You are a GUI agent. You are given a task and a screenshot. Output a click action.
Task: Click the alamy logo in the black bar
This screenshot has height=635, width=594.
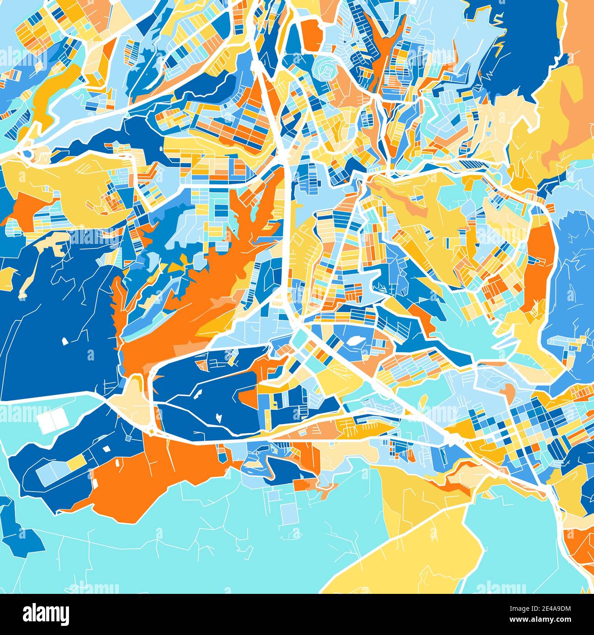(46, 614)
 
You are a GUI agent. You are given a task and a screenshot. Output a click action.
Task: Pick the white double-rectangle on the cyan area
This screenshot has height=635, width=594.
(53, 421)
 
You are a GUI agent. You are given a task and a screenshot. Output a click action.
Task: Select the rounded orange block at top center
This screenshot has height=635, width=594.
(312, 34)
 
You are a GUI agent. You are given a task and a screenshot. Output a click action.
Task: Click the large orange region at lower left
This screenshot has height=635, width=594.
(151, 480)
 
